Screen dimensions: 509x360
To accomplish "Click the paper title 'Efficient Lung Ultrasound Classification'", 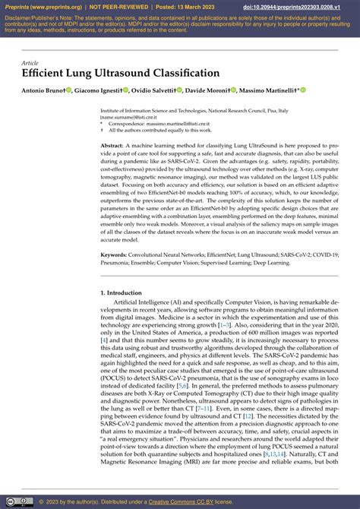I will coord(121,73).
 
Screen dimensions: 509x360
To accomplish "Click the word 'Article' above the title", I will coord(30,62).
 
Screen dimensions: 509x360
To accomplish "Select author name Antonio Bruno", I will coord(43,90).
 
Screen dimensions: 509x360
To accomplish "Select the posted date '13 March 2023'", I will coord(200,8).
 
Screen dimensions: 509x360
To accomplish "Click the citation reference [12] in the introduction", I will coord(248,416).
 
